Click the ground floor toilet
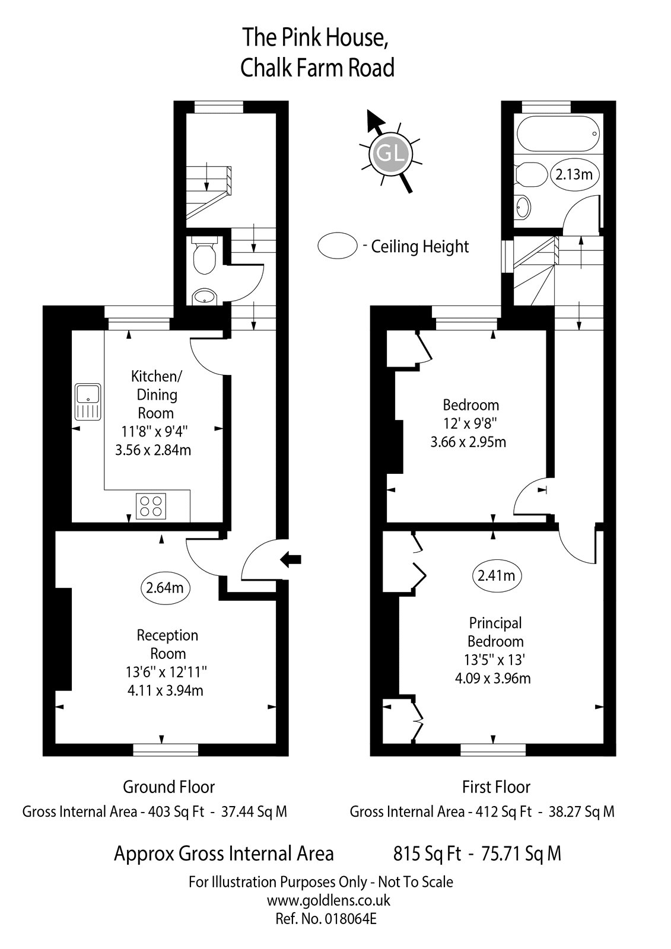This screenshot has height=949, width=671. tap(204, 257)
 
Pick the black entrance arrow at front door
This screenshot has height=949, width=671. tap(291, 558)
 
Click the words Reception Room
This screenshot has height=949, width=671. tap(168, 644)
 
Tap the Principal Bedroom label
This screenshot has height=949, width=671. tap(495, 632)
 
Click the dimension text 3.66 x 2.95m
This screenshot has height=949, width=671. tap(468, 442)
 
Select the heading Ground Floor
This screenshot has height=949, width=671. tap(168, 787)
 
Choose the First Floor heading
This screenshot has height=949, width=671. tap(496, 787)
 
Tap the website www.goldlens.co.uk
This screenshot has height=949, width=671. tap(328, 900)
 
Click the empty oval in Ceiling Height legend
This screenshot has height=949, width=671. tap(338, 245)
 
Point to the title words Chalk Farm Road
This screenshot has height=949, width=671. tap(317, 68)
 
